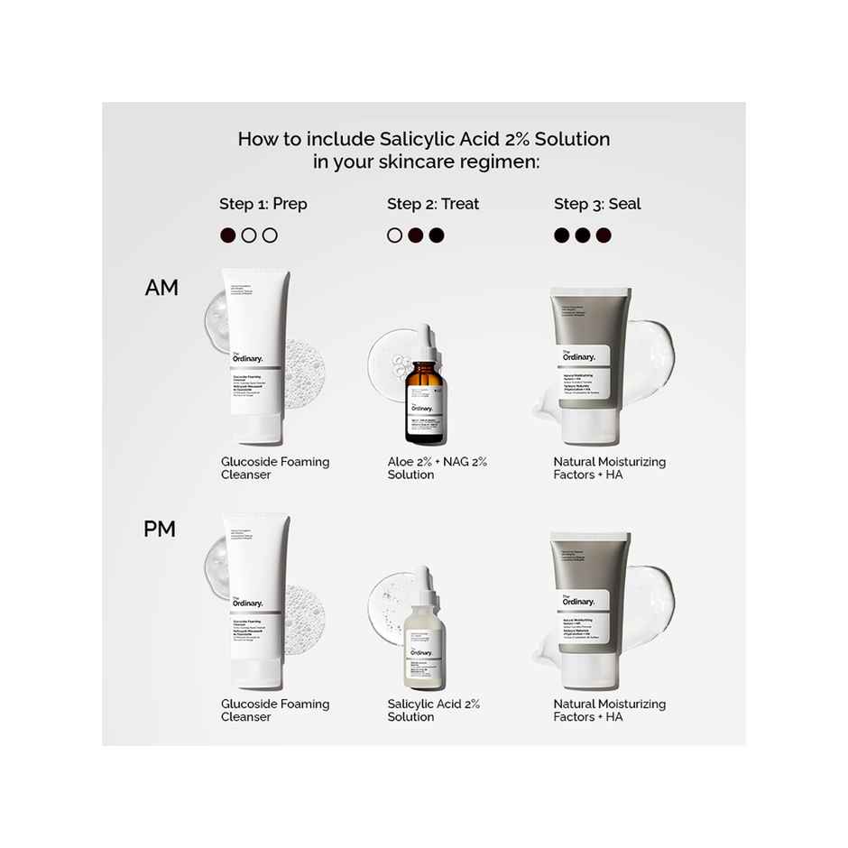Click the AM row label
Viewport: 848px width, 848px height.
point(161,288)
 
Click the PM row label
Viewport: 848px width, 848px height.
point(160,530)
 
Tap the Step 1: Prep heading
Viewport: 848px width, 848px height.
point(263,204)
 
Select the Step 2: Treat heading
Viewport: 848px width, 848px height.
point(433,204)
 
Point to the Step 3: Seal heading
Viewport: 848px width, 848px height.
point(597,204)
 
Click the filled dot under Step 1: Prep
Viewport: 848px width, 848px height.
point(228,235)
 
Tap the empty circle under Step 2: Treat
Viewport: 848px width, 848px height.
point(394,235)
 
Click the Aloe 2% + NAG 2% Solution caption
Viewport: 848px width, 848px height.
point(437,468)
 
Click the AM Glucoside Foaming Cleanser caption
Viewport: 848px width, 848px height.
point(275,468)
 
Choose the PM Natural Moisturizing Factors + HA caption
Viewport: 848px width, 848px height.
point(609,710)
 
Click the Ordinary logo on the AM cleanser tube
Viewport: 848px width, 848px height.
point(247,357)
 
